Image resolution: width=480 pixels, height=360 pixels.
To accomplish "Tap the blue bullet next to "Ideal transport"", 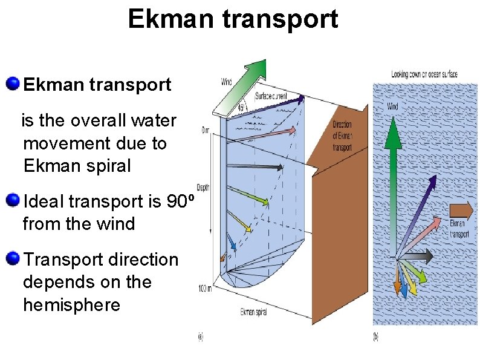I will coord(12,200).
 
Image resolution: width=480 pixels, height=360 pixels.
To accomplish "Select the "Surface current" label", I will coord(271,96).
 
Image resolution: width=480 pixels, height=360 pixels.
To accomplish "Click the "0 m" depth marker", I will coord(206,129).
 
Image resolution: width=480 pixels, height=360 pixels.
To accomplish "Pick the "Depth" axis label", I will coord(203,188).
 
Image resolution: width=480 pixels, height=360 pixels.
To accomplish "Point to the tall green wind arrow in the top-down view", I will coord(394,182).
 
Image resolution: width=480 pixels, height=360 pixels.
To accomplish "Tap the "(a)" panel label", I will coord(200,338).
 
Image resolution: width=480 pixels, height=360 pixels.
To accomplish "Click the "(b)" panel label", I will coord(375,337).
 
